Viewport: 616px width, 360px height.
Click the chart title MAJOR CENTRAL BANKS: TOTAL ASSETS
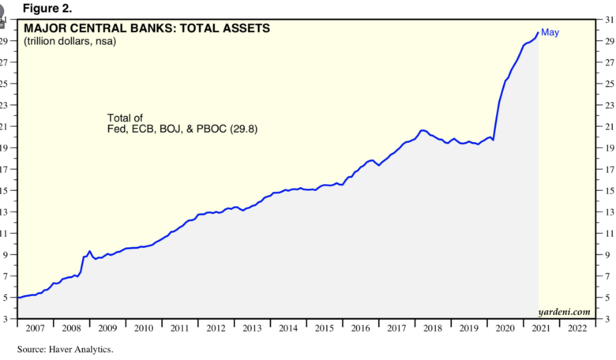tap(147, 28)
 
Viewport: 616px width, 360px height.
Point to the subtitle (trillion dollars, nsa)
tap(70, 41)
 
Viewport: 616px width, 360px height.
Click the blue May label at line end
tap(550, 32)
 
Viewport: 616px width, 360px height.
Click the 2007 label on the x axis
tap(35, 327)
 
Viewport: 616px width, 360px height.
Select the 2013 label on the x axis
tap(252, 327)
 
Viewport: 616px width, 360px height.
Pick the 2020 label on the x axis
tap(505, 327)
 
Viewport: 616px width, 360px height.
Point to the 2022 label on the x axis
tap(578, 327)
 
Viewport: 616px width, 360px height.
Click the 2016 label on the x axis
tap(360, 327)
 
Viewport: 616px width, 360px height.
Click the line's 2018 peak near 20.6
tap(423, 130)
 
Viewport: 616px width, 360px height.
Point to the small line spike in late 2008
tap(90, 251)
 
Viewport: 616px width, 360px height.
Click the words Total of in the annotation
tap(125, 118)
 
